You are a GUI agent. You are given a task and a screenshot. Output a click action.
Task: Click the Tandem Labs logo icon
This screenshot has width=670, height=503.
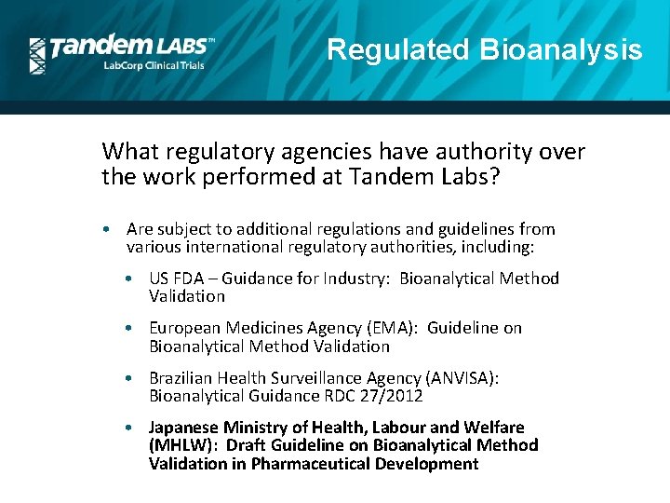coord(37,56)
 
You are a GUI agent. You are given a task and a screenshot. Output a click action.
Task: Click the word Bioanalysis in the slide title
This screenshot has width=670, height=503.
coord(561,49)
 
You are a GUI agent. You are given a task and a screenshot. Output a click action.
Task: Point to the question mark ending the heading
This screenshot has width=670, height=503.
coord(494,177)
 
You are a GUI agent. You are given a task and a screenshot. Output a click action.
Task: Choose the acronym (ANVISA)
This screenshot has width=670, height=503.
coord(460,378)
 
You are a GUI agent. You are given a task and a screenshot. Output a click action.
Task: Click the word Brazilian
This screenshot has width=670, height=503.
coord(183,378)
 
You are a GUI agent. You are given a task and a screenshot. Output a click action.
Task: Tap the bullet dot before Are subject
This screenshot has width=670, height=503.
coord(110,229)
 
